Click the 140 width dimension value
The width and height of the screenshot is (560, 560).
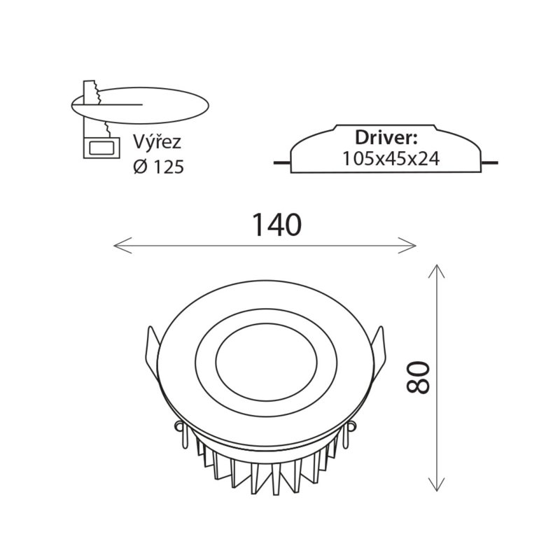pyautogui.click(x=276, y=225)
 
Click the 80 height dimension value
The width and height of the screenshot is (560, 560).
pyautogui.click(x=418, y=377)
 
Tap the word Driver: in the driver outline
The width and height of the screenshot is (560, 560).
pyautogui.click(x=386, y=137)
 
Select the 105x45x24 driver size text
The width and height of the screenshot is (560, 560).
pyautogui.click(x=391, y=159)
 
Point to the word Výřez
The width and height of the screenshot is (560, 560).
pyautogui.click(x=157, y=142)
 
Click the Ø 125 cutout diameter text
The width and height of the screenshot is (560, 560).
pyautogui.click(x=159, y=167)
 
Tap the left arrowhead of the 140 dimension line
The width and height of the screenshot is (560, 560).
pyautogui.click(x=122, y=246)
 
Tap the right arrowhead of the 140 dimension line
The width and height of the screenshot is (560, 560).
pyautogui.click(x=407, y=246)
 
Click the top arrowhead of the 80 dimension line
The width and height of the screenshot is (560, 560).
pyautogui.click(x=436, y=271)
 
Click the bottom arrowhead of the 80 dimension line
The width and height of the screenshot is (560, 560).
pyautogui.click(x=436, y=484)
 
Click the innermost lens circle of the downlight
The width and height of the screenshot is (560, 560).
pyautogui.click(x=266, y=324)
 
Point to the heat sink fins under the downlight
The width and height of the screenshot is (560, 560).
pyautogui.click(x=266, y=471)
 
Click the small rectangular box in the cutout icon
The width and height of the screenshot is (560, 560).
pyautogui.click(x=101, y=148)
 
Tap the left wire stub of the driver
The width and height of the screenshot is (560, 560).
pyautogui.click(x=282, y=163)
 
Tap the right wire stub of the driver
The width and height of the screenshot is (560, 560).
pyautogui.click(x=489, y=163)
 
